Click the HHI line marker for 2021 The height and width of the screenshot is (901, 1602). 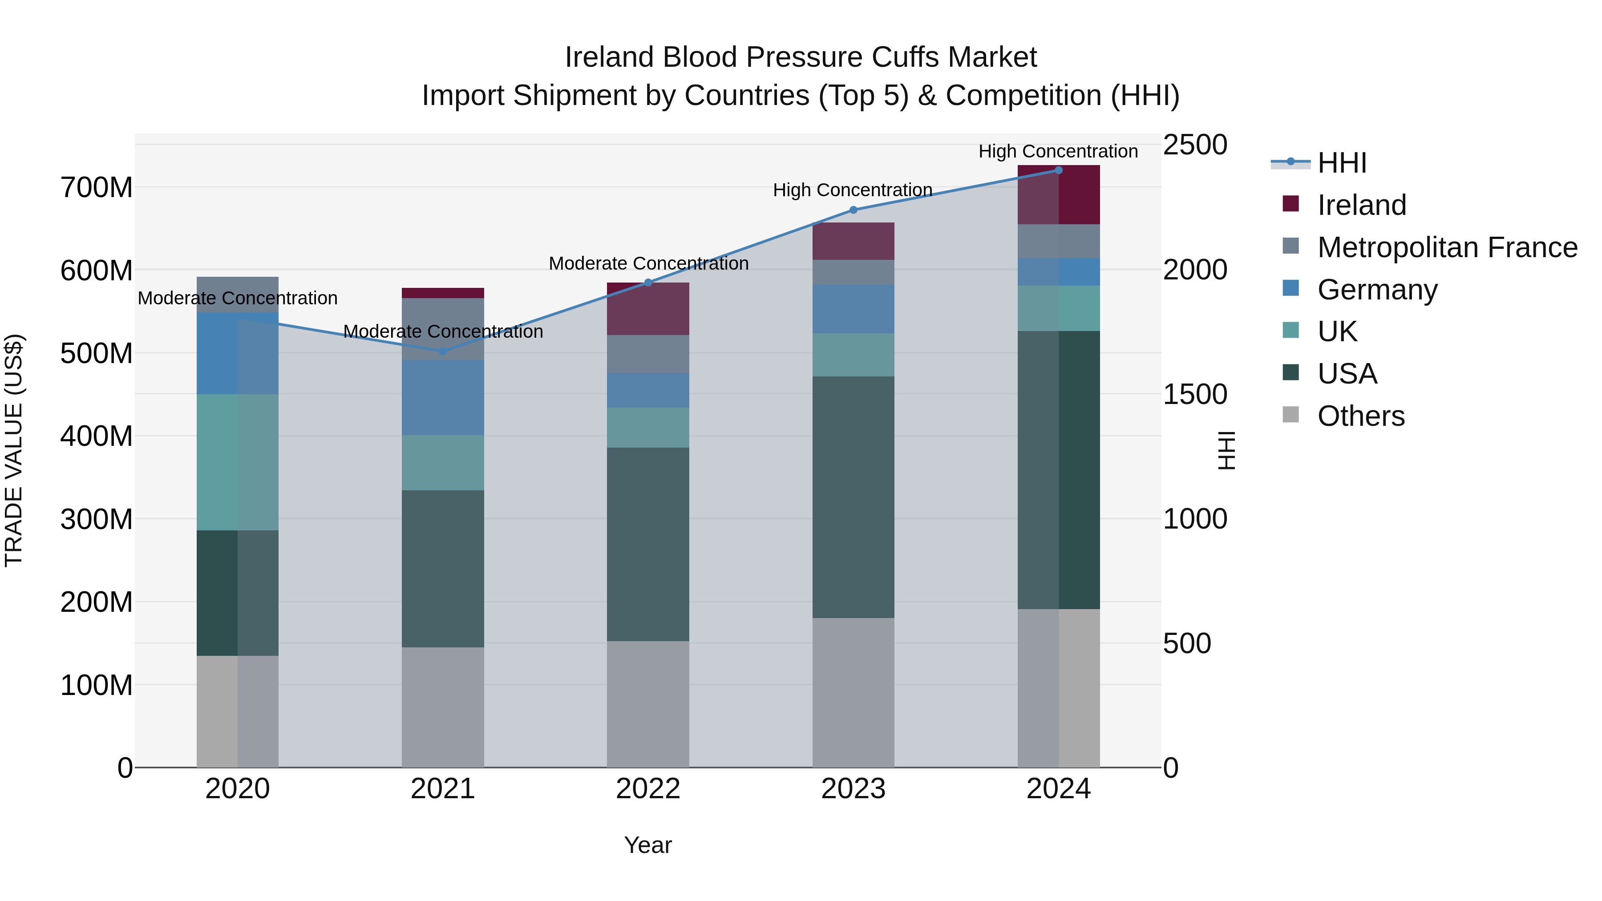point(443,352)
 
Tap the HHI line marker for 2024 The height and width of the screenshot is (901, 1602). point(1059,170)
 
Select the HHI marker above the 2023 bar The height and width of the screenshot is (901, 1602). point(853,210)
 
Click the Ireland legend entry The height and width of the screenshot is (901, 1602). point(1361,205)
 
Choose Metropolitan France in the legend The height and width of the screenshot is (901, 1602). point(1447,247)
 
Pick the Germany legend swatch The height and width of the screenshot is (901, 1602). point(1291,288)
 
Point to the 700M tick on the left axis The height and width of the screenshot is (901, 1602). point(97,188)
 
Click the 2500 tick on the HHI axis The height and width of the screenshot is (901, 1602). point(1195,145)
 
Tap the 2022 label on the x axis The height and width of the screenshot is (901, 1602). point(648,789)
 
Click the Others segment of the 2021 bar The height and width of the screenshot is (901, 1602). point(443,707)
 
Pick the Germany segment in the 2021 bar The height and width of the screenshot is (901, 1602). point(443,397)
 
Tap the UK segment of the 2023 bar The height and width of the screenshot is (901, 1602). point(853,355)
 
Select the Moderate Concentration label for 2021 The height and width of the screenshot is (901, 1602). point(443,332)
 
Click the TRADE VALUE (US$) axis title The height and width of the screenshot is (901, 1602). point(14,450)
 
